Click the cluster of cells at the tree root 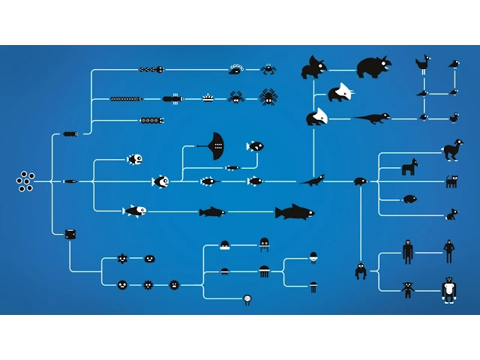(25, 181)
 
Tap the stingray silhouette (214, 145)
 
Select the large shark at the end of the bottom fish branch (294, 212)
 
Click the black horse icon (409, 167)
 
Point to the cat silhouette (451, 181)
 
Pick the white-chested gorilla (448, 289)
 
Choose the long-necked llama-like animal (452, 149)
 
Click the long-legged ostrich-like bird (424, 64)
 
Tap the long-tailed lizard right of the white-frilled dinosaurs (372, 118)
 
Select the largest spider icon (268, 97)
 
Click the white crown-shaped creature (208, 97)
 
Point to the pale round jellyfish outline (247, 299)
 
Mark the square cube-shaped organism (70, 234)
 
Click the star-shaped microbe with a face (122, 259)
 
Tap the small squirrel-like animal (451, 214)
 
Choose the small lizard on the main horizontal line (313, 180)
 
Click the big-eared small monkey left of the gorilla (408, 289)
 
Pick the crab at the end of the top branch (268, 69)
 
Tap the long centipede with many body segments (126, 99)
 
